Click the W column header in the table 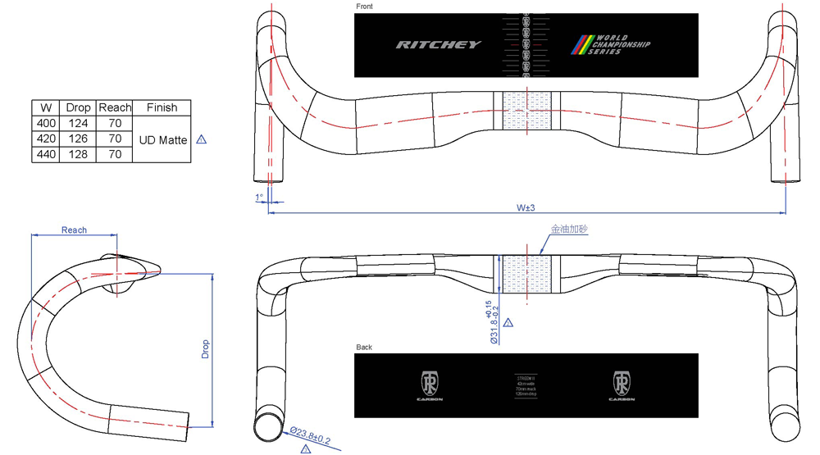point(46,107)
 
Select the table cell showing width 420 point(46,139)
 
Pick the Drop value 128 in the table point(78,154)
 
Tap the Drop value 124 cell point(78,123)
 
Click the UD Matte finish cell point(162,139)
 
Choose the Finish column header point(162,107)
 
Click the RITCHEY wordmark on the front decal point(439,45)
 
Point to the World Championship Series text point(621,45)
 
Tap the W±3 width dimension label point(526,208)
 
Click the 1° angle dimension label point(259,198)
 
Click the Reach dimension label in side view point(74,230)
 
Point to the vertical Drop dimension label point(205,349)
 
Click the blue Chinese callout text point(568,230)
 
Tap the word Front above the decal point(364,7)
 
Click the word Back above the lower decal point(364,348)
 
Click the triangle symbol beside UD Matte point(202,140)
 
